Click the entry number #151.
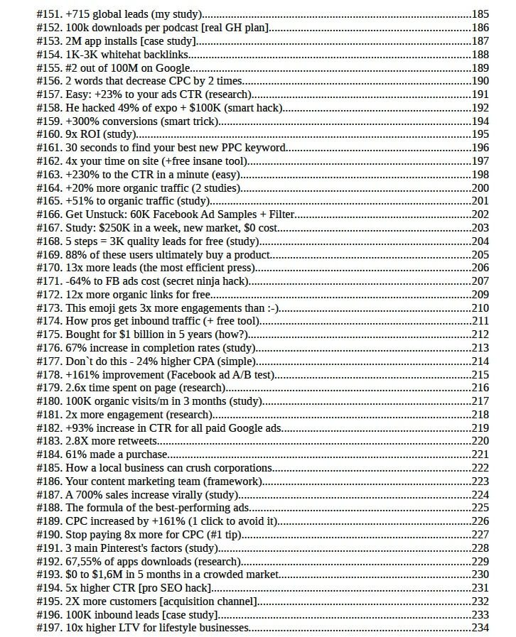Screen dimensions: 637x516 [48, 13]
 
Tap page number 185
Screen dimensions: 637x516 [480, 13]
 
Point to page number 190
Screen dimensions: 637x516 [480, 82]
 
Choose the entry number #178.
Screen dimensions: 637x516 [48, 375]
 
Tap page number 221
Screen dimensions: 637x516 [480, 455]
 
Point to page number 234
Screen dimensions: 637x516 [480, 629]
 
